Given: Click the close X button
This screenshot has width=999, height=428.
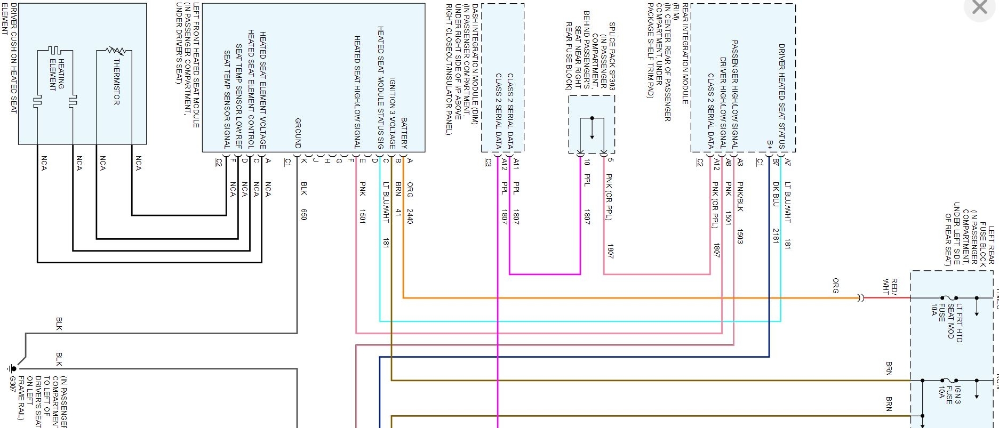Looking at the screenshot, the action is click(x=980, y=7).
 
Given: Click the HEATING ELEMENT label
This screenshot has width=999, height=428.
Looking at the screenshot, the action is click(x=57, y=74).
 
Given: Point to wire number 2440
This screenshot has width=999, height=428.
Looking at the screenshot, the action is click(x=410, y=216).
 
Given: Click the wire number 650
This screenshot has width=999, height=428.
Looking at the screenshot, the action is click(x=303, y=214).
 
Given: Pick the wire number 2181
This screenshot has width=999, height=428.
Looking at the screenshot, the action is click(x=776, y=236).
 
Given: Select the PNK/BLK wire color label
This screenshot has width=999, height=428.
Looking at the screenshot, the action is click(x=740, y=197).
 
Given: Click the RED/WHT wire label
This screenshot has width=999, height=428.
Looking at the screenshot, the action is click(x=890, y=286).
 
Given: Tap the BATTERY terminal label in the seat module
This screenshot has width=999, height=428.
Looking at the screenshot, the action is click(x=404, y=133).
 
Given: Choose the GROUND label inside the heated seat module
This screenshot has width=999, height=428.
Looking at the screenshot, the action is click(x=298, y=133).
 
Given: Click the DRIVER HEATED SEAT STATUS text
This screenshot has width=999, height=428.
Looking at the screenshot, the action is click(x=781, y=96).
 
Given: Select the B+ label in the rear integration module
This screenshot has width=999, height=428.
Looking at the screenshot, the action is click(x=770, y=145).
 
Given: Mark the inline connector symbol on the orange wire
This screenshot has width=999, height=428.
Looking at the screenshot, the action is click(x=860, y=298).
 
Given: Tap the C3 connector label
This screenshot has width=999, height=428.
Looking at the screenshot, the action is click(x=487, y=163).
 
